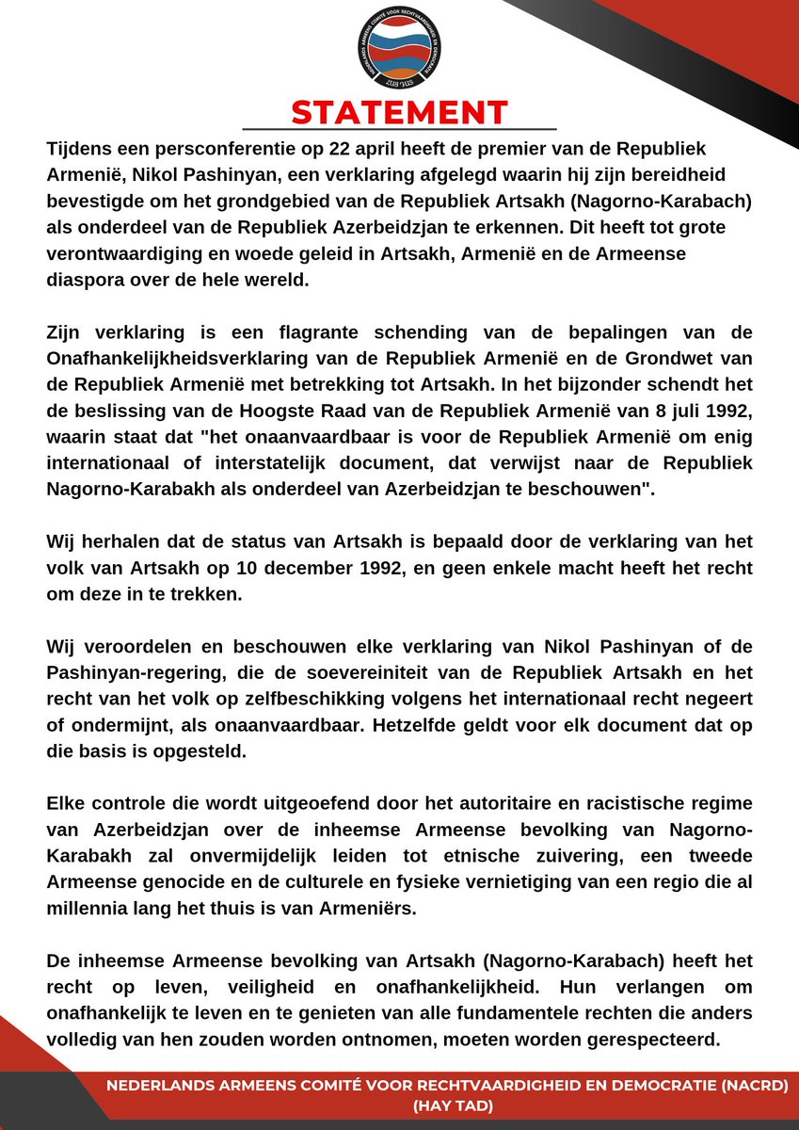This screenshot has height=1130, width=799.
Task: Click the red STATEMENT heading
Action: pyautogui.click(x=399, y=111)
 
